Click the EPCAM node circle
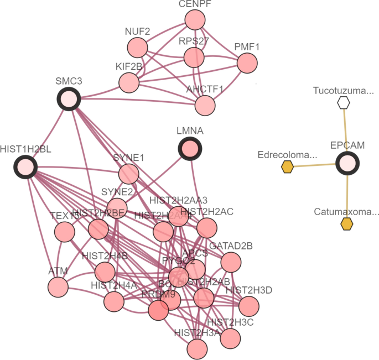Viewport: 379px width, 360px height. point(347,164)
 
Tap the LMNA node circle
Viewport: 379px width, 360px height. point(190,149)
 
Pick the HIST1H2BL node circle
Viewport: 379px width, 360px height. point(25,166)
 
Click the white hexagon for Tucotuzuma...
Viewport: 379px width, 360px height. point(344,102)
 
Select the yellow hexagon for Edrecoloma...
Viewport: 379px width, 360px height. point(287,166)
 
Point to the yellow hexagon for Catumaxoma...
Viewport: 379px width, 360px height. point(347,223)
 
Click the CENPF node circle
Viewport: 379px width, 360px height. point(195,21)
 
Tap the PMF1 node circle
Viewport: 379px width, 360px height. point(247,63)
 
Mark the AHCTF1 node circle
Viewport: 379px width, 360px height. point(205,105)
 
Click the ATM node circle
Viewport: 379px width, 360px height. point(58,287)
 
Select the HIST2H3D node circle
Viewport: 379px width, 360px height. point(249,305)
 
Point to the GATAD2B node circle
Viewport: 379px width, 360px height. point(231,261)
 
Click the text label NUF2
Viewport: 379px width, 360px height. point(137,32)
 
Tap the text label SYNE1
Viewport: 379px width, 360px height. point(128,158)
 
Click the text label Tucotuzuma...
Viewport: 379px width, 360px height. point(342,90)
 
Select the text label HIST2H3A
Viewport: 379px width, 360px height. point(197,332)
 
